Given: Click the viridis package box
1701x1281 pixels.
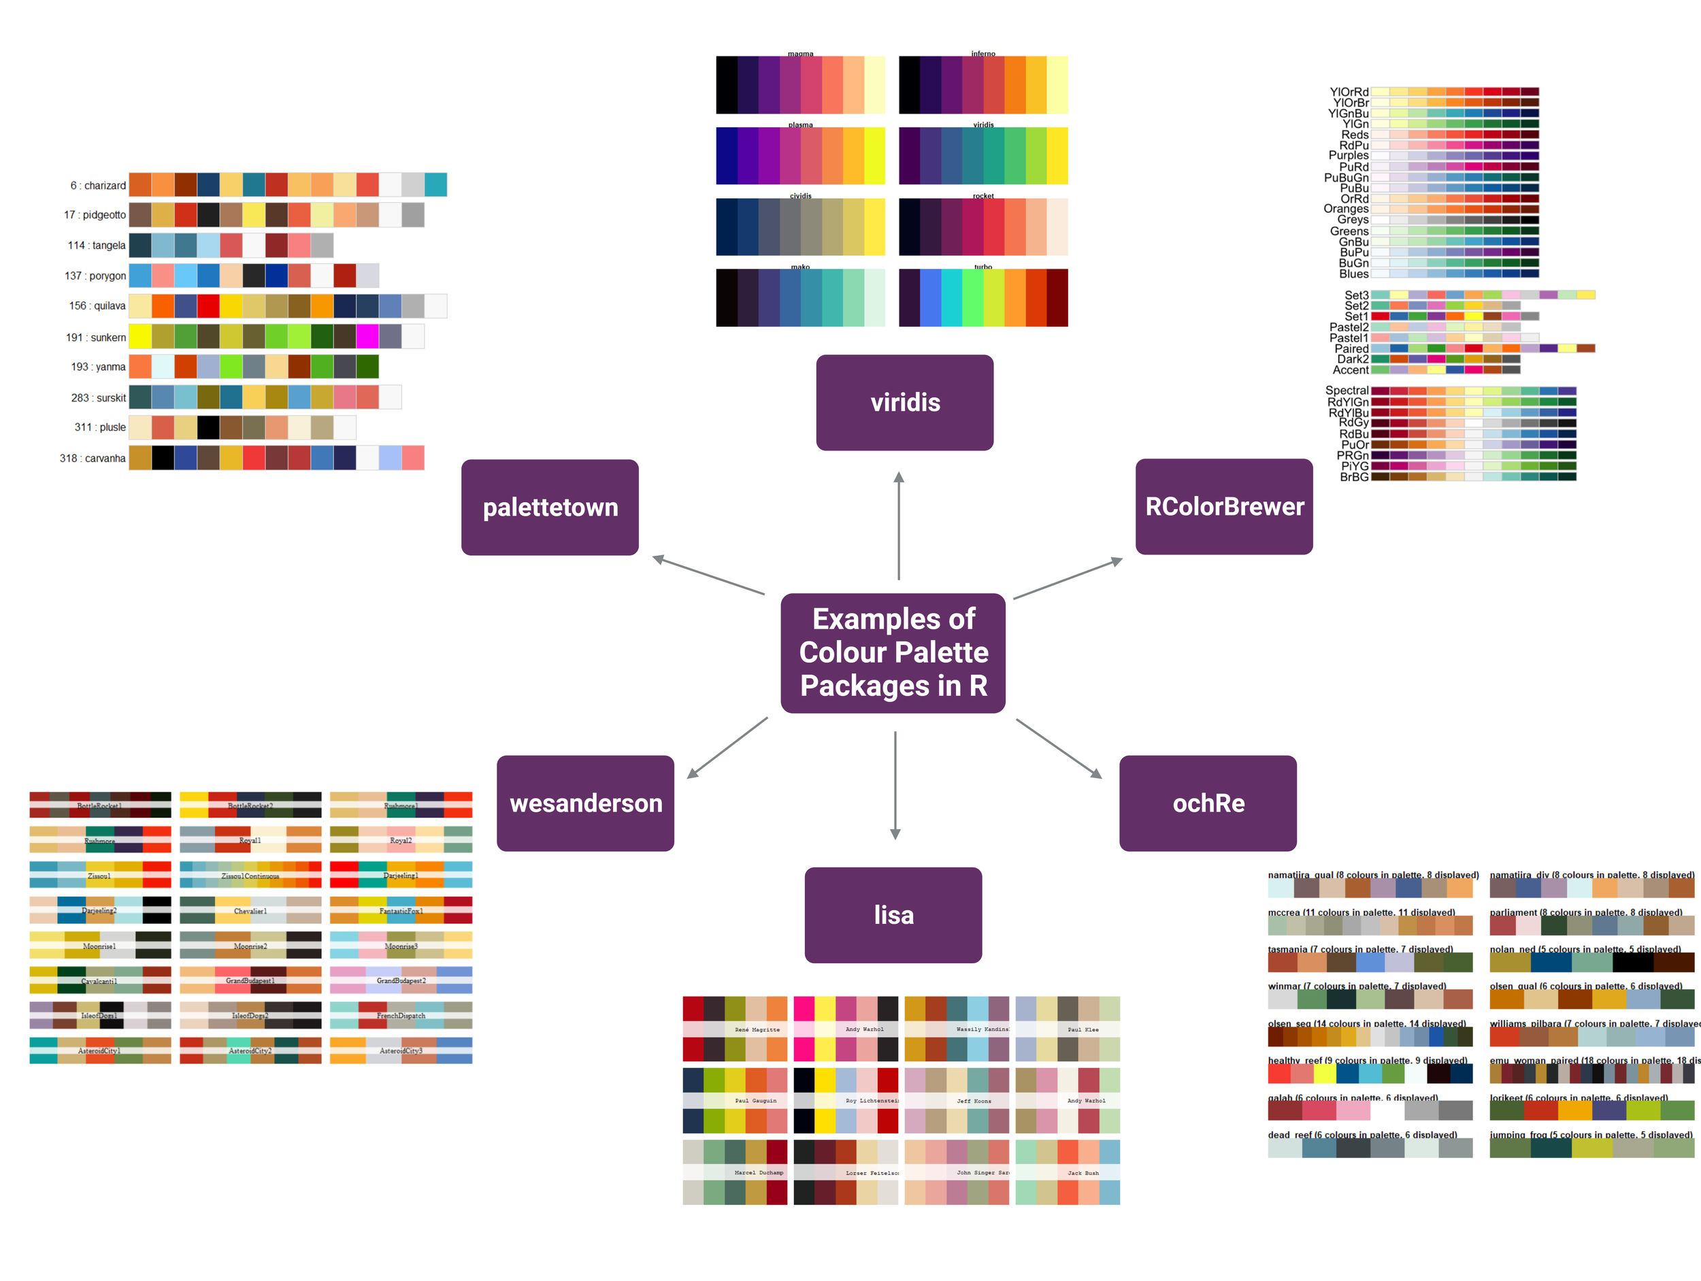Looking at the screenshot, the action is (x=904, y=402).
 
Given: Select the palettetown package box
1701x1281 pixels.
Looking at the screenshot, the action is (x=550, y=508).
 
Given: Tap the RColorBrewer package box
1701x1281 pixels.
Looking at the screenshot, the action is (x=1223, y=507).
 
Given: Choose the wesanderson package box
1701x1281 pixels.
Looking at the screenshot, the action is (x=585, y=803).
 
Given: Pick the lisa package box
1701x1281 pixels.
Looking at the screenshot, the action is (x=893, y=915).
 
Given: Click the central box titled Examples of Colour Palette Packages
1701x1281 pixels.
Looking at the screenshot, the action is (x=893, y=653).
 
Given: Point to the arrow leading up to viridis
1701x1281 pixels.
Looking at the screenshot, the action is (x=898, y=526).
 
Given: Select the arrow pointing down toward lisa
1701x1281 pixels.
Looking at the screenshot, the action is (x=895, y=784).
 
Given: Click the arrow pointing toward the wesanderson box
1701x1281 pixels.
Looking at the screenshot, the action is (x=727, y=748).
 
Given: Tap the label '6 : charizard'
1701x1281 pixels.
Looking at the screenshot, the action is (x=98, y=185).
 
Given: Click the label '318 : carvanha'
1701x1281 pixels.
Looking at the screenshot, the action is (x=93, y=459).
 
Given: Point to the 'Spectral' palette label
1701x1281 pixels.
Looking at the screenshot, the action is (x=1347, y=390).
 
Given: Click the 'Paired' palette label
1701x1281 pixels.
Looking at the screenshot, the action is (x=1351, y=348).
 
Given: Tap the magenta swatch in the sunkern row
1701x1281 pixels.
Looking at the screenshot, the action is (x=367, y=337).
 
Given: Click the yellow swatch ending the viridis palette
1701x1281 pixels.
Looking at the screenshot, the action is (x=1057, y=155).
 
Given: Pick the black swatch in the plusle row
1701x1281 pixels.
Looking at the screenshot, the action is (x=208, y=427).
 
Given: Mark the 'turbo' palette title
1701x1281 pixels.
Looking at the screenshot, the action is (x=982, y=267).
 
